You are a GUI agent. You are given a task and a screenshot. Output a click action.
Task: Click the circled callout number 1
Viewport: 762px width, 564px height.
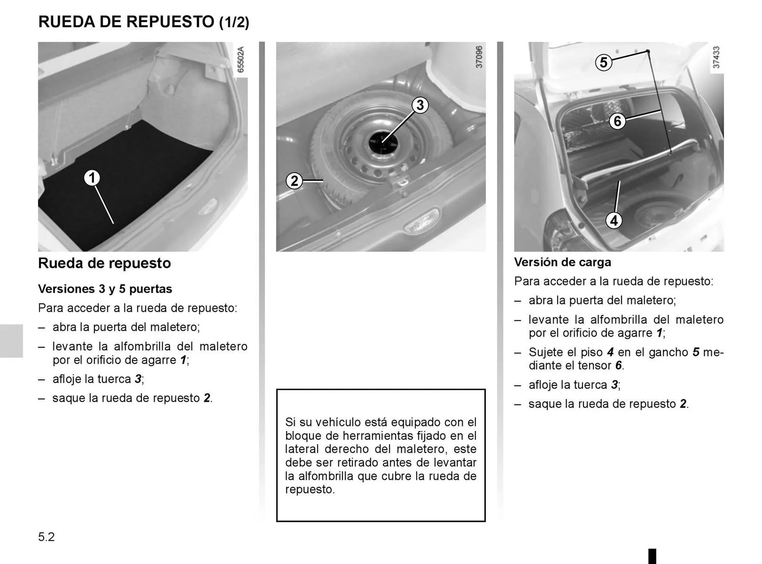92,178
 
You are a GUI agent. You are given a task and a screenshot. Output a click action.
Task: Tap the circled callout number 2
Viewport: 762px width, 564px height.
294,181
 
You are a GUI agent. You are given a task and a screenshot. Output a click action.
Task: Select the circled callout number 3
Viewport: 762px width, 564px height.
420,105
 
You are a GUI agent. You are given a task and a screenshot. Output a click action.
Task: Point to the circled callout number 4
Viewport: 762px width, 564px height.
614,220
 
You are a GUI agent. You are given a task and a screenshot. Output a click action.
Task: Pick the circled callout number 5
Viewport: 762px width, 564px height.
603,63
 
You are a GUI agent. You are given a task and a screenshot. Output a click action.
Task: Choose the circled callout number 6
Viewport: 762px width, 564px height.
617,121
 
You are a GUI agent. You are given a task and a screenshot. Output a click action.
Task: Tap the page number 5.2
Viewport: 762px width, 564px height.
46,537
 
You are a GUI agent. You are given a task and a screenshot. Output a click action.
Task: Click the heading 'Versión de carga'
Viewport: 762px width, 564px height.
562,262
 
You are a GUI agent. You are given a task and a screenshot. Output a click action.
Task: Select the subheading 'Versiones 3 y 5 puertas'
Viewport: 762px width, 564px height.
105,289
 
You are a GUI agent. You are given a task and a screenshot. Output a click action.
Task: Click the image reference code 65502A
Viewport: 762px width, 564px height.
241,60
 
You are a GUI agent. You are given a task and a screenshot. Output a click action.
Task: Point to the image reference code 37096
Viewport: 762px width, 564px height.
479,57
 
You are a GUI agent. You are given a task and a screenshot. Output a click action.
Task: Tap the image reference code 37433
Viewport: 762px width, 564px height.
716,57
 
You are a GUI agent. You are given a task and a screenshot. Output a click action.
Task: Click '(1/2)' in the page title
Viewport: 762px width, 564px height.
234,22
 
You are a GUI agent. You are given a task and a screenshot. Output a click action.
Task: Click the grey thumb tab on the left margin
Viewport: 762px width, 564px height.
11,341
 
